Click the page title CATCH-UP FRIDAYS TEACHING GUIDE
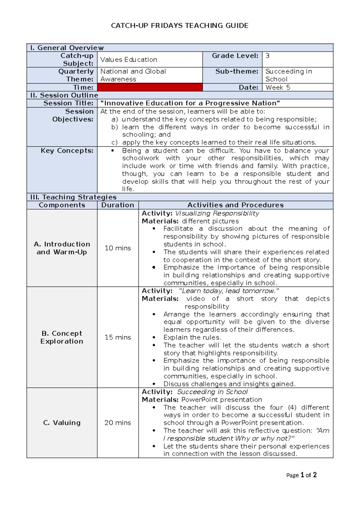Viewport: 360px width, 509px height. [179, 26]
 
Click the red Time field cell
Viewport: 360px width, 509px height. [150, 87]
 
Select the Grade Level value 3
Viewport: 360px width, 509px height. [268, 56]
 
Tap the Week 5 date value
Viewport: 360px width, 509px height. [278, 87]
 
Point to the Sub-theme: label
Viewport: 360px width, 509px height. [237, 71]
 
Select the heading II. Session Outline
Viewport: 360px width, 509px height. [64, 95]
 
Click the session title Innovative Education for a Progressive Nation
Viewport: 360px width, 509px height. [190, 103]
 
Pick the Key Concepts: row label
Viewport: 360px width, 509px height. [67, 151]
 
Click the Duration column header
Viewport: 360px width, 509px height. [118, 205]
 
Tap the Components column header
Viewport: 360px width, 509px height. [62, 205]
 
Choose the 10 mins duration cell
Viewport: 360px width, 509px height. [118, 248]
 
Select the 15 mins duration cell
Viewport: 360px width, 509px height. [118, 337]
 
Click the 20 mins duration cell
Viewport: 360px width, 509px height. [118, 423]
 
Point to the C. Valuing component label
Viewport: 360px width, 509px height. [62, 423]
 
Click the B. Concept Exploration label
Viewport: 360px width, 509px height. [62, 337]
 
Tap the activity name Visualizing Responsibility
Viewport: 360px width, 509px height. [217, 213]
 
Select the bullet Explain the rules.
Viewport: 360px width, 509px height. [192, 337]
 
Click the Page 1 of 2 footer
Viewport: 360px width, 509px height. [301, 475]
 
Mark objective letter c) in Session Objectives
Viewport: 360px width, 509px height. [114, 143]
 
